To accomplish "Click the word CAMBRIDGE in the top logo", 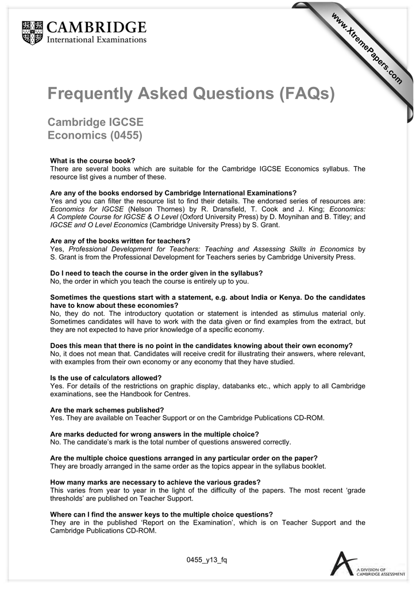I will [x=96, y=26].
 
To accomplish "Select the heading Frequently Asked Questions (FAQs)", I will [x=190, y=93].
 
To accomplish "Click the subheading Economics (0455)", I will [x=95, y=136].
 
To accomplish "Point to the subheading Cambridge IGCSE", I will [x=95, y=123].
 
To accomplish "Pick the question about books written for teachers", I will [x=120, y=240].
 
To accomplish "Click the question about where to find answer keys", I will [x=161, y=514].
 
